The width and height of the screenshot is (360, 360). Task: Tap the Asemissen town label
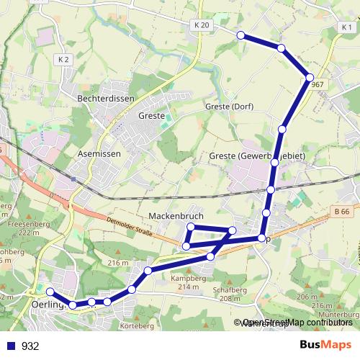coord(99,154)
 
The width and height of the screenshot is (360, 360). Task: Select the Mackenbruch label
coord(176,216)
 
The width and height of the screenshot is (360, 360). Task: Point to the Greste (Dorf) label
coord(228,107)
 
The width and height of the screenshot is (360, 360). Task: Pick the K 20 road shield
coord(202,25)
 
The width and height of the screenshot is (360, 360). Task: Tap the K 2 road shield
coord(64,59)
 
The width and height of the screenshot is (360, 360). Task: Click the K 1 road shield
coord(346,27)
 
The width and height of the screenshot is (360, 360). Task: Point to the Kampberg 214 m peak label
coord(184,282)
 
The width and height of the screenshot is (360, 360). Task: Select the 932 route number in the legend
coord(30,346)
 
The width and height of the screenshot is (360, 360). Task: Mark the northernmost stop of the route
coord(241,35)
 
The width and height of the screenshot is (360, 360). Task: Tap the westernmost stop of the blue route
coord(50,292)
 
